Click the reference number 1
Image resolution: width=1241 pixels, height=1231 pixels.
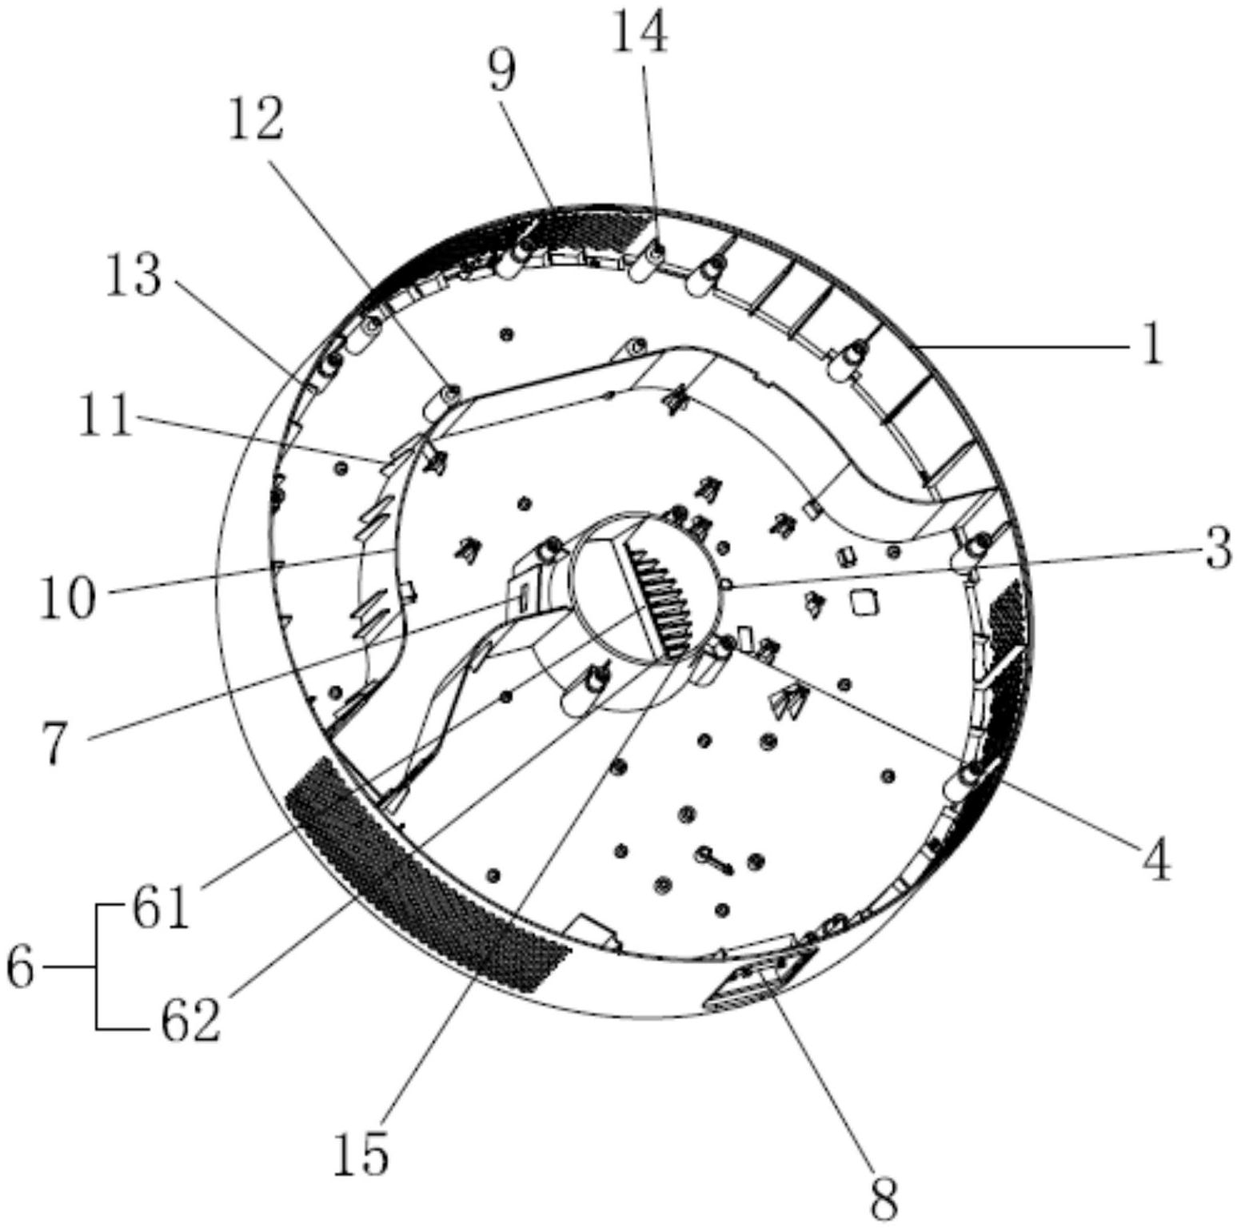pyautogui.click(x=1151, y=346)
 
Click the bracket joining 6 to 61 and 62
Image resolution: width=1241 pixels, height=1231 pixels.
pyautogui.click(x=98, y=967)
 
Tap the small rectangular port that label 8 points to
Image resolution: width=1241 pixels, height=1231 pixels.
pyautogui.click(x=760, y=980)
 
